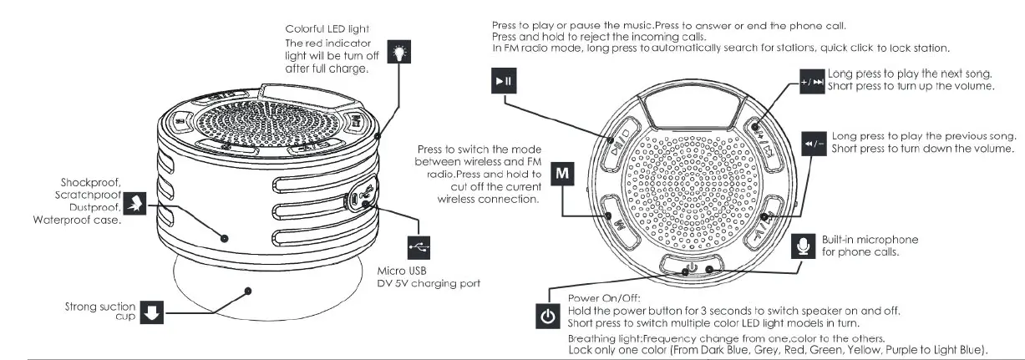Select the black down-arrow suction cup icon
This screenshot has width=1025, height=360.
tap(151, 312)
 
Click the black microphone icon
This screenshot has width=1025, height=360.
tap(804, 245)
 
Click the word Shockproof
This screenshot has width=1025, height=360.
tap(92, 181)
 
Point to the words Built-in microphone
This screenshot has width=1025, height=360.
tap(870, 240)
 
